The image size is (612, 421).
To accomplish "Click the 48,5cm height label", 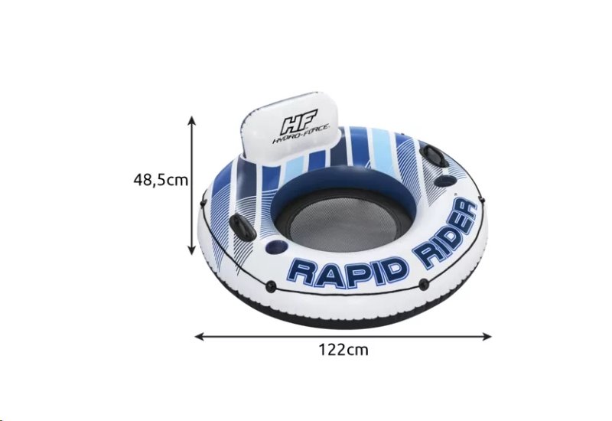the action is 161,180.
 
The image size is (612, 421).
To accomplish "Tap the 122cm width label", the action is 343,350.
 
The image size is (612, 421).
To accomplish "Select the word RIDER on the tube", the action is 448,233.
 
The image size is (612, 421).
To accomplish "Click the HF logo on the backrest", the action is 300,121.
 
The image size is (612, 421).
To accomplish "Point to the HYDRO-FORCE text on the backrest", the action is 301,134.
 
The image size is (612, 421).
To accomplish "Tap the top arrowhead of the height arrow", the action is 191,120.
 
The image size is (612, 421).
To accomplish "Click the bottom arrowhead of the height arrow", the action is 191,250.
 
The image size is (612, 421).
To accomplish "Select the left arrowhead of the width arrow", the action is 200,336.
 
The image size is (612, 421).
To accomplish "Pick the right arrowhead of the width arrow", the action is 487,336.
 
